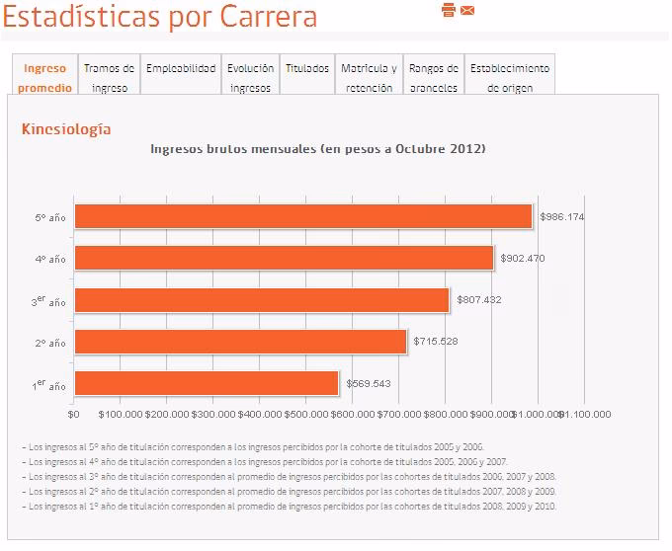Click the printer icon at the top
click(x=449, y=10)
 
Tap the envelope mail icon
click(x=467, y=10)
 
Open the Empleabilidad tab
click(x=181, y=69)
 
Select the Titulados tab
click(x=307, y=69)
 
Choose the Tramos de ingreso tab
click(x=110, y=78)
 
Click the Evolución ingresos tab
click(x=250, y=78)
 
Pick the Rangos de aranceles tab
click(x=433, y=78)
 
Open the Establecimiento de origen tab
click(x=510, y=78)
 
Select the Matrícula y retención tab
click(x=369, y=78)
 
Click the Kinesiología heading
click(x=66, y=129)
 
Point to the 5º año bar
click(x=303, y=216)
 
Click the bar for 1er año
click(x=207, y=383)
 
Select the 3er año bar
click(x=262, y=299)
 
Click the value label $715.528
click(x=436, y=342)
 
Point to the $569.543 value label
click(x=368, y=383)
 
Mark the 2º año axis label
click(x=49, y=343)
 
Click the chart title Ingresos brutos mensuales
click(x=317, y=149)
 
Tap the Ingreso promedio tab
click(x=45, y=78)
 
